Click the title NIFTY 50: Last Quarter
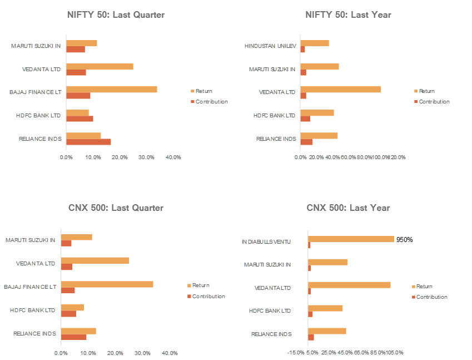pyautogui.click(x=116, y=15)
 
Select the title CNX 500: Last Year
pyautogui.click(x=348, y=208)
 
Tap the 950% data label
pyautogui.click(x=404, y=240)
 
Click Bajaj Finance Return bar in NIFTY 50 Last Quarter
pyautogui.click(x=111, y=89)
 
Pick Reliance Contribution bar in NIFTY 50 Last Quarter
pyautogui.click(x=88, y=142)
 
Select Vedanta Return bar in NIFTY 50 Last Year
pyautogui.click(x=340, y=89)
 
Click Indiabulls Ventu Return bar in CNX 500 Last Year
pyautogui.click(x=351, y=239)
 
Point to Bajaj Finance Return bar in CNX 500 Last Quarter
pyautogui.click(x=107, y=284)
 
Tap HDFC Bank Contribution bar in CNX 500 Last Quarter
pyautogui.click(x=68, y=314)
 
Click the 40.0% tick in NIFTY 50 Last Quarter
pyautogui.click(x=173, y=157)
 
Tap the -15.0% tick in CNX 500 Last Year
pyautogui.click(x=296, y=353)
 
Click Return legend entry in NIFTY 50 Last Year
pyautogui.click(x=426, y=91)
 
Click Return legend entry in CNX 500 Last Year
pyautogui.click(x=424, y=287)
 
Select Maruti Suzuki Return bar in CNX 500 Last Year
pyautogui.click(x=327, y=262)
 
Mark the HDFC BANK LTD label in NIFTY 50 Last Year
pyautogui.click(x=274, y=116)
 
